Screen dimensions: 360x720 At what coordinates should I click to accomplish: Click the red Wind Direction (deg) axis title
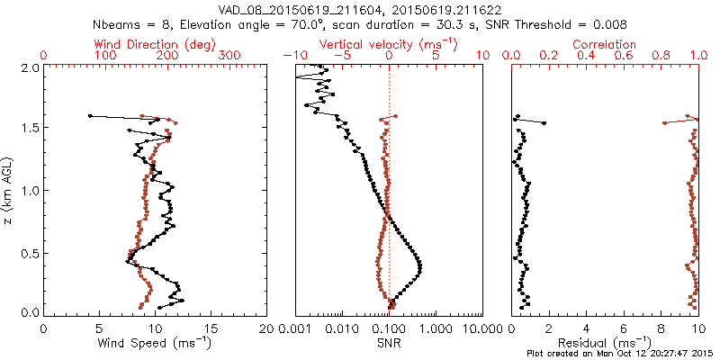click(155, 43)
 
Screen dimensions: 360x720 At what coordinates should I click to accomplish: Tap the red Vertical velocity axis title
click(389, 43)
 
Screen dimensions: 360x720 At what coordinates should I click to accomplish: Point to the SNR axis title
click(389, 343)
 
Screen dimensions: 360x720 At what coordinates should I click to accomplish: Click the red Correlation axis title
click(605, 43)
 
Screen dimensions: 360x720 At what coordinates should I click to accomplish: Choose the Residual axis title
click(605, 343)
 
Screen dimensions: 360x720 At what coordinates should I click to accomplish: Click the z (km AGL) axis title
click(8, 190)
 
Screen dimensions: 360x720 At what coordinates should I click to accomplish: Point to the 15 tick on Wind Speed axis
click(211, 328)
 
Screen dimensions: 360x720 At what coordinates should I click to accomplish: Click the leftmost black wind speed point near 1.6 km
click(90, 115)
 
